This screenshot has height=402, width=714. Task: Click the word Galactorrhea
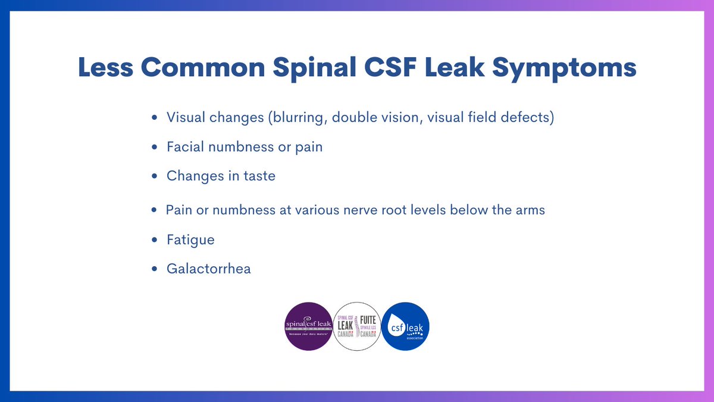(x=209, y=269)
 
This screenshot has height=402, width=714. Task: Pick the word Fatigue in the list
(x=190, y=240)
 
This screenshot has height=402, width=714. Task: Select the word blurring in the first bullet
(x=298, y=118)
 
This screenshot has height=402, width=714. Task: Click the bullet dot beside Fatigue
(x=155, y=240)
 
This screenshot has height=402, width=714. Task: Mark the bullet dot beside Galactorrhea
(x=155, y=269)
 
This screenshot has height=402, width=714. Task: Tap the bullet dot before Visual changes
(x=155, y=118)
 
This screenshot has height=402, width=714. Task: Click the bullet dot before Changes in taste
(x=155, y=176)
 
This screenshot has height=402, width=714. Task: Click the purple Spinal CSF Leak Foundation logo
(x=309, y=326)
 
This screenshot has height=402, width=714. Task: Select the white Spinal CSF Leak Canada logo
(x=357, y=326)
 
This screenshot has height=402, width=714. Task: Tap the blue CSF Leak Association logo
(x=405, y=326)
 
